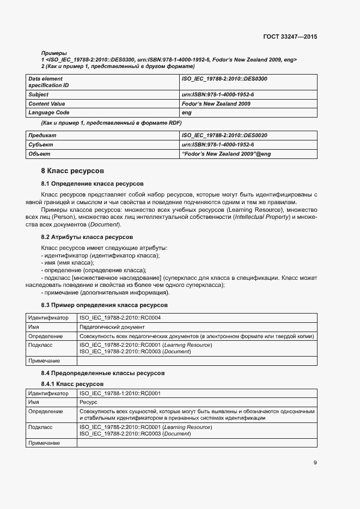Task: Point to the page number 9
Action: [x=315, y=463]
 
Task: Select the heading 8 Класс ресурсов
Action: [x=69, y=171]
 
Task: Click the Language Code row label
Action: [x=49, y=113]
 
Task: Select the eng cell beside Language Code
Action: [x=186, y=113]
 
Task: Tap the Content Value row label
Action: [x=47, y=103]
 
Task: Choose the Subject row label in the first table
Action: [x=39, y=94]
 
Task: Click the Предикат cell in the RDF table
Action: [x=42, y=135]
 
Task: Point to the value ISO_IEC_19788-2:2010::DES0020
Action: [x=224, y=135]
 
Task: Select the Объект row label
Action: [x=39, y=154]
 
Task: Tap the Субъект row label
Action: [x=41, y=145]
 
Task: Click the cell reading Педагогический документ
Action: [x=112, y=327]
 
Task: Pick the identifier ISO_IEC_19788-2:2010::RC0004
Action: [x=120, y=317]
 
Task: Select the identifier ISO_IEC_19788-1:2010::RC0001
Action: [x=120, y=393]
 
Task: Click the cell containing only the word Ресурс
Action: [x=88, y=402]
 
